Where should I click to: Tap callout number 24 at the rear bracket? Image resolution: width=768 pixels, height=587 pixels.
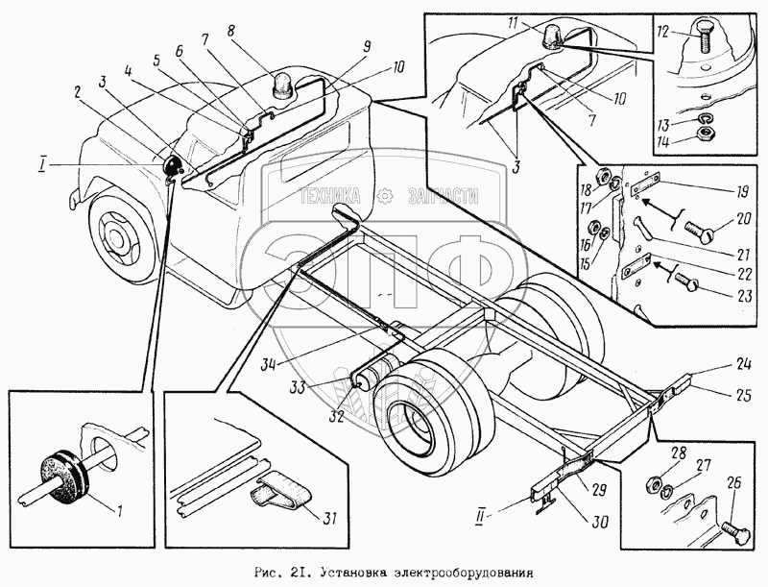[718, 366]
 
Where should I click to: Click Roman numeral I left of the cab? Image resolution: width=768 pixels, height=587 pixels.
[43, 165]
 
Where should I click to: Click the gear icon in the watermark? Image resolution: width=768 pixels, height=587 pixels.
[386, 194]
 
